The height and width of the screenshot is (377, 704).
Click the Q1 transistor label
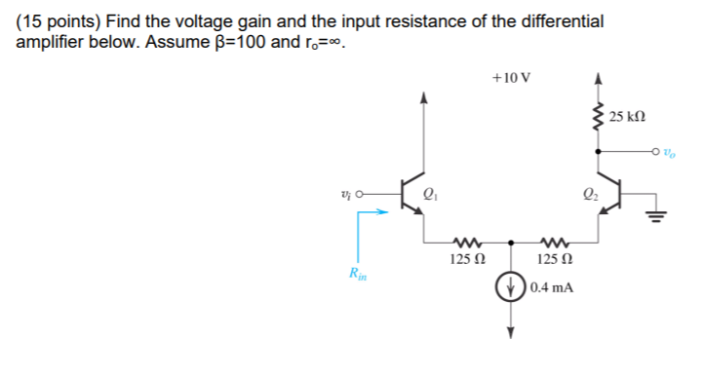pyautogui.click(x=430, y=191)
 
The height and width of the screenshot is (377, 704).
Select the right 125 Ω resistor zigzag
pyautogui.click(x=553, y=243)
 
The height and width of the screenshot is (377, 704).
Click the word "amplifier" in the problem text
pyautogui.click(x=49, y=45)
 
